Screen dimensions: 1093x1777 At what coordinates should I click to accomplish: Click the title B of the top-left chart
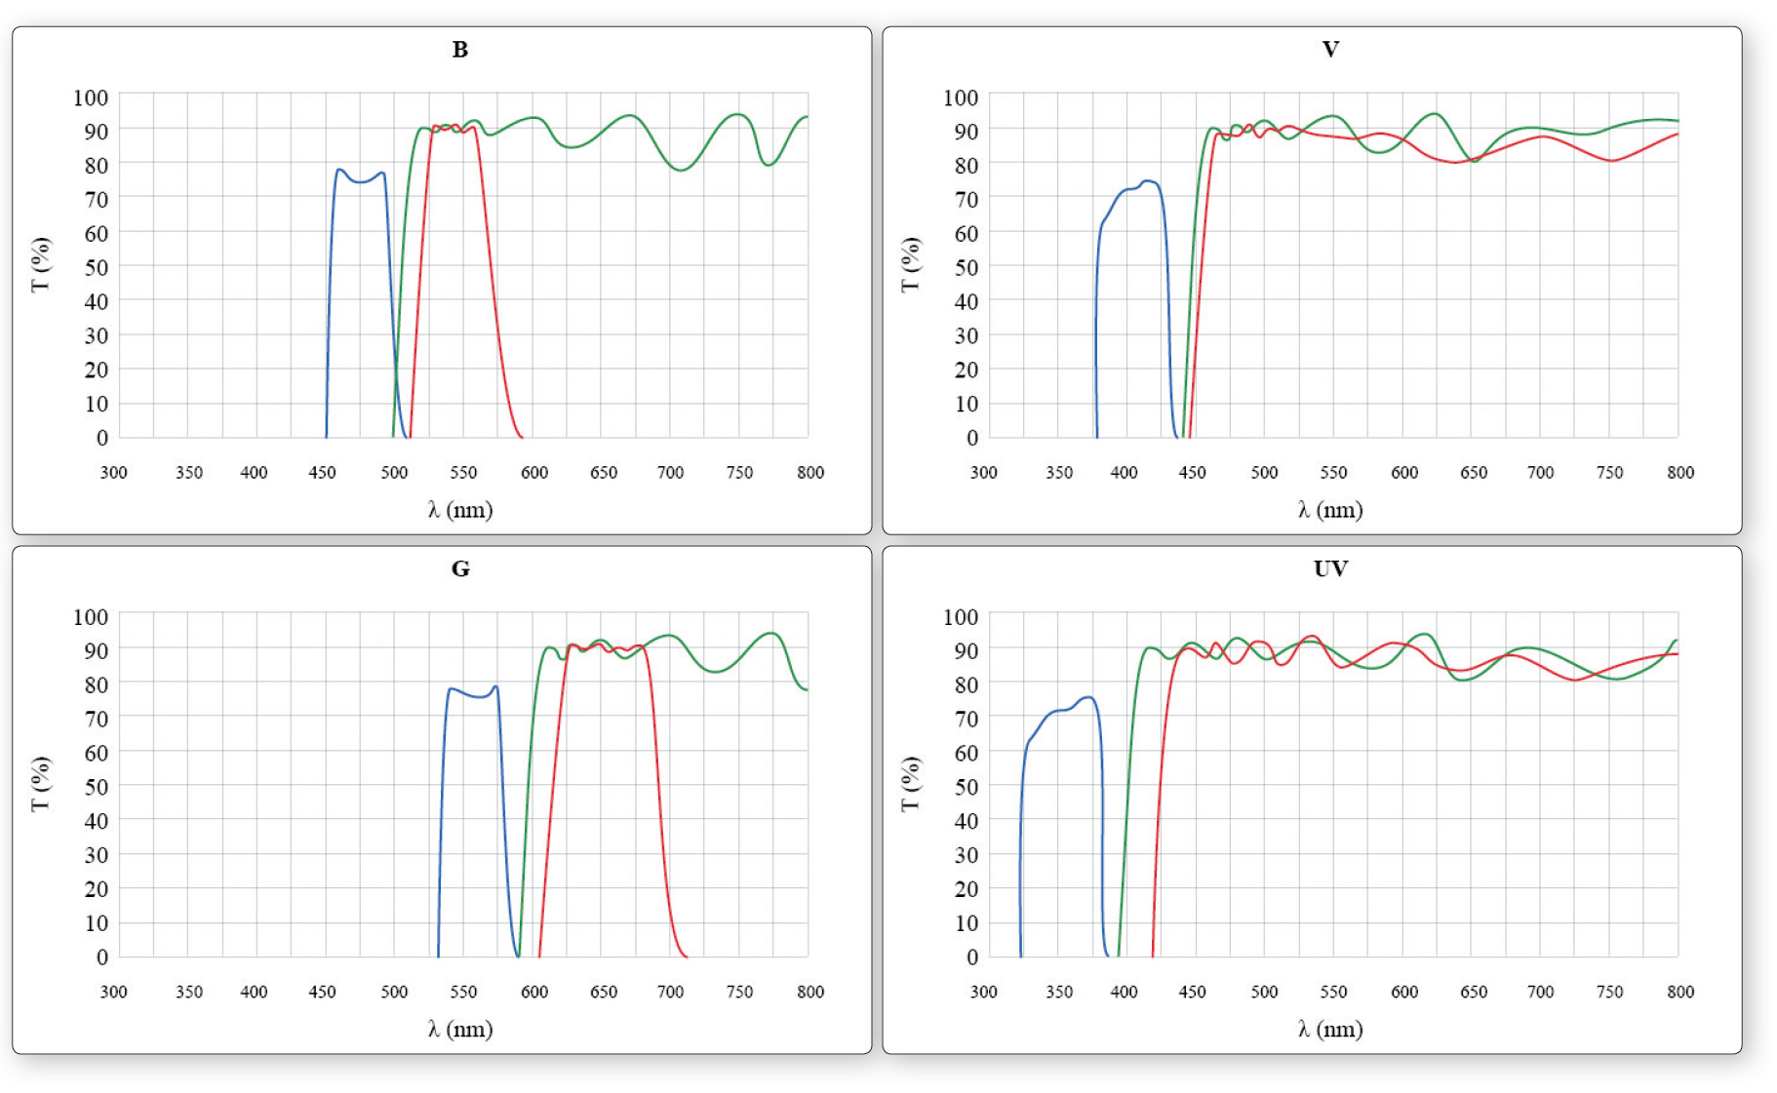click(x=460, y=50)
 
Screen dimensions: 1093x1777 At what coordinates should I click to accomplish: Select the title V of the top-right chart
click(x=1330, y=50)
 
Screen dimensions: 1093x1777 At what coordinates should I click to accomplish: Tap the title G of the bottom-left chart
click(x=460, y=569)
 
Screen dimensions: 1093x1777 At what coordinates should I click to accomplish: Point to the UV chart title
click(x=1330, y=569)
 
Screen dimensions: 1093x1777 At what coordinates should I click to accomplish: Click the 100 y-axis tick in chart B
click(x=91, y=98)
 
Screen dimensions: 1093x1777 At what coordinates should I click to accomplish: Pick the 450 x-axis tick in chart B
click(x=322, y=473)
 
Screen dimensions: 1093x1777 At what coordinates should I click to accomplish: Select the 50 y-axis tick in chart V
click(x=966, y=267)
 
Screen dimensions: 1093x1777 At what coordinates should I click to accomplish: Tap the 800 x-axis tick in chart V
click(x=1680, y=473)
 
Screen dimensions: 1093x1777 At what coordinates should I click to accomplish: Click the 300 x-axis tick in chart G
click(x=113, y=993)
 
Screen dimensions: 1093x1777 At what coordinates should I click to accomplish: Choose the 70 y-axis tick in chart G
click(x=96, y=719)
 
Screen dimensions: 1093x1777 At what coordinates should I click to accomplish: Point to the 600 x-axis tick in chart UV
click(x=1404, y=993)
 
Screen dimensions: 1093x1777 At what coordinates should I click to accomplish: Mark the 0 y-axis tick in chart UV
click(x=971, y=957)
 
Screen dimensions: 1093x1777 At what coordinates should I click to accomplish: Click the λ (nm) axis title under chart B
click(x=460, y=510)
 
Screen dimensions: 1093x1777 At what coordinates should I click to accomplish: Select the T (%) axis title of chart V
click(x=910, y=264)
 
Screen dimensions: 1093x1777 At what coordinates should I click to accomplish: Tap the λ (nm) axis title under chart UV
click(x=1330, y=1030)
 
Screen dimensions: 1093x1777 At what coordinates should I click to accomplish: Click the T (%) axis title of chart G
click(x=40, y=784)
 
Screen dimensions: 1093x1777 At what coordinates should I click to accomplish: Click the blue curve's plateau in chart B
click(x=361, y=180)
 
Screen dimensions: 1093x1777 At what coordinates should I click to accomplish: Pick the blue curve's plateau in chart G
click(x=473, y=694)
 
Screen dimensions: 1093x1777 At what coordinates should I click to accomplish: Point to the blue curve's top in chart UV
click(x=1087, y=697)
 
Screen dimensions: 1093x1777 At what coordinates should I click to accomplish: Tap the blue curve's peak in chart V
click(x=1148, y=180)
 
